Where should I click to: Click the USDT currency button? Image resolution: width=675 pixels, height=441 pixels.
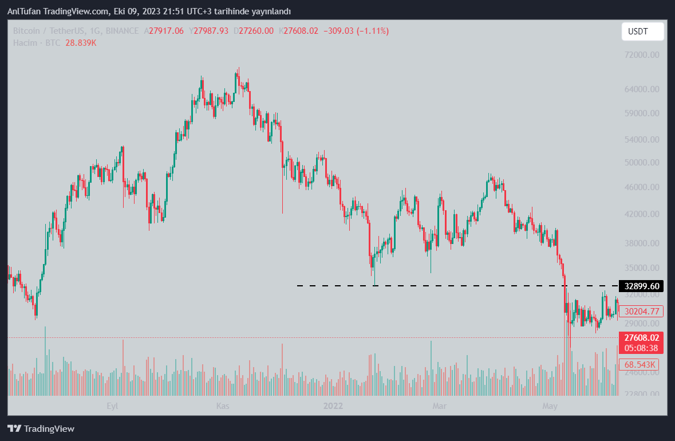(x=642, y=31)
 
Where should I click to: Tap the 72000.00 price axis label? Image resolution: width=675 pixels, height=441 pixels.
(x=641, y=55)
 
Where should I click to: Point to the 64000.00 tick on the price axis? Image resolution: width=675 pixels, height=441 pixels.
(x=641, y=89)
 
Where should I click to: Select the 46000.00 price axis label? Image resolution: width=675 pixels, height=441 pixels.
(x=641, y=187)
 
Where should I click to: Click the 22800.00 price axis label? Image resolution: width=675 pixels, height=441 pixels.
(x=641, y=394)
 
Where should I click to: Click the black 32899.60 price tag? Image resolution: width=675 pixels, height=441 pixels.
(x=642, y=286)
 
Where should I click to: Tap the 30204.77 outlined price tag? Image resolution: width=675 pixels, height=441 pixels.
(x=642, y=312)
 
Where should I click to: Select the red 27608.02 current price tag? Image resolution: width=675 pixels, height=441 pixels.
(x=642, y=338)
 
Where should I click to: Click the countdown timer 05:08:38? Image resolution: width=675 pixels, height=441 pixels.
(x=642, y=348)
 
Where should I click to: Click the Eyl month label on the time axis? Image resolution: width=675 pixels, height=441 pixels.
(x=112, y=406)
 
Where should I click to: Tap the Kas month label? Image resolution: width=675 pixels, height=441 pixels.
(x=222, y=406)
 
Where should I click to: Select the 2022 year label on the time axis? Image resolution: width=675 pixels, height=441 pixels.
(x=333, y=406)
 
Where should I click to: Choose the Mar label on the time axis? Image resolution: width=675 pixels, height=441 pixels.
(x=440, y=406)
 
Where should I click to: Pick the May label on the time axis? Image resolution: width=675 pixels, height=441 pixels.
(x=550, y=406)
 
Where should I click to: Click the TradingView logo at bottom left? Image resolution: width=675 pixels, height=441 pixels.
(x=41, y=428)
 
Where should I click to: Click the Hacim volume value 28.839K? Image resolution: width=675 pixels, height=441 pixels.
(x=81, y=43)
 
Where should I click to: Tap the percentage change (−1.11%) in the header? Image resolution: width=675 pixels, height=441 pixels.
(x=373, y=31)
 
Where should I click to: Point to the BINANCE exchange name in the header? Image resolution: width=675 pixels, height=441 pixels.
(x=122, y=31)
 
